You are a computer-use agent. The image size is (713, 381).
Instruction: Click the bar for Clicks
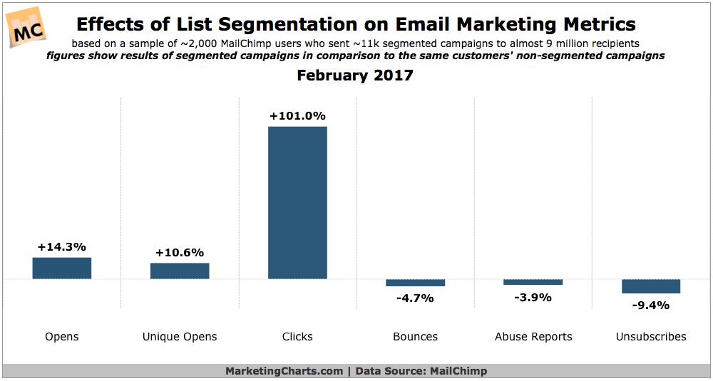tap(297, 202)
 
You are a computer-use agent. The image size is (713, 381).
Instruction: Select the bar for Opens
tap(62, 268)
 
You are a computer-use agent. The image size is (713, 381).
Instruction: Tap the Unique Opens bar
tap(180, 271)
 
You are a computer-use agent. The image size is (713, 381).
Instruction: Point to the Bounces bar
tap(415, 283)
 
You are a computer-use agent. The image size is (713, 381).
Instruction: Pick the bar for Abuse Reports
tap(533, 282)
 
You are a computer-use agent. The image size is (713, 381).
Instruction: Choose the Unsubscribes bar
tap(651, 286)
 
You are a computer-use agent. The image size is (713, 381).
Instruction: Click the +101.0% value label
tap(297, 116)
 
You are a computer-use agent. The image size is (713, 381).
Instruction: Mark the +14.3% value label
tap(62, 247)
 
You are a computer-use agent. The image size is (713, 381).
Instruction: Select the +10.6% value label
tap(180, 252)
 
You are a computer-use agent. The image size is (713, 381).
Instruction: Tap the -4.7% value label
tap(415, 298)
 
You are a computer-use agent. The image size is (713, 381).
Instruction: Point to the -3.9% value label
tap(533, 297)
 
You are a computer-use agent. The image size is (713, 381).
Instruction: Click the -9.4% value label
tap(651, 306)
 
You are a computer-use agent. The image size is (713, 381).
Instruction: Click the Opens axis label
tap(62, 336)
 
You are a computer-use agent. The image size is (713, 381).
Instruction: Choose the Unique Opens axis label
tap(180, 336)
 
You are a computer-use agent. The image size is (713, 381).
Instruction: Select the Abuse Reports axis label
tap(533, 336)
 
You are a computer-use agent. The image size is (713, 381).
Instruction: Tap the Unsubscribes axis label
tap(651, 336)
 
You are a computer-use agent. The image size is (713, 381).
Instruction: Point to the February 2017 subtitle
tap(355, 75)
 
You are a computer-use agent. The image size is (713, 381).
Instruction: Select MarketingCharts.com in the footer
tap(283, 371)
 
